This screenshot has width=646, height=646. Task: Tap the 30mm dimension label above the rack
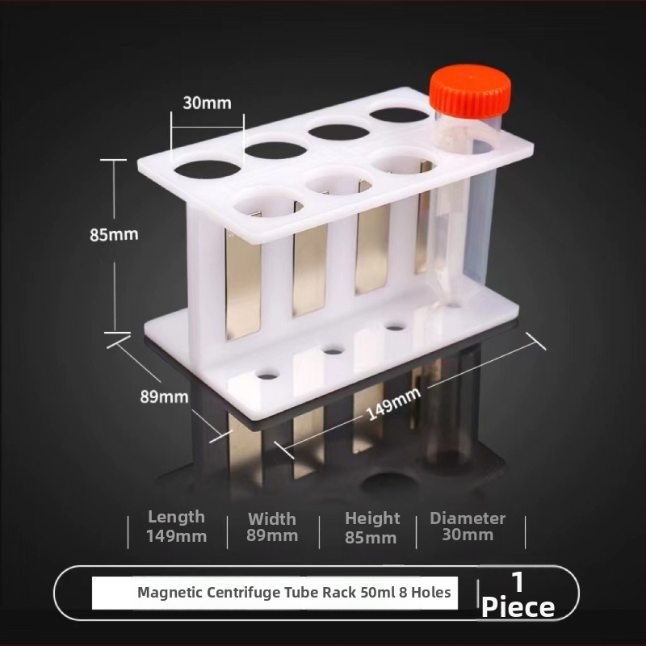pos(207,103)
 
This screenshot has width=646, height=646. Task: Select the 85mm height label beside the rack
pos(114,234)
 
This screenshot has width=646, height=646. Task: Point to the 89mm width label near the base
pos(164,396)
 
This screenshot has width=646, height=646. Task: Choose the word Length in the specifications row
pos(176,517)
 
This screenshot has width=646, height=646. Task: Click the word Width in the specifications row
pos(272,518)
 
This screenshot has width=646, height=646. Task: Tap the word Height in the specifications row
pos(372,518)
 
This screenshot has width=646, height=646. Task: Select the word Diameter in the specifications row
pos(468,518)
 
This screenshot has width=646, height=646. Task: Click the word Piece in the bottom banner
pos(518,607)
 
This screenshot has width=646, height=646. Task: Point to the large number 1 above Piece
pos(518,581)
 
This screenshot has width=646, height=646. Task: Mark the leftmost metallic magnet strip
pos(243,284)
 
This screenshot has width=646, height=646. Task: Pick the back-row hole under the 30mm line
pos(208,170)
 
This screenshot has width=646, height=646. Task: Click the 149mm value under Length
pos(176,536)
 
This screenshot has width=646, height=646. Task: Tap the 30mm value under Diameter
pos(468,535)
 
